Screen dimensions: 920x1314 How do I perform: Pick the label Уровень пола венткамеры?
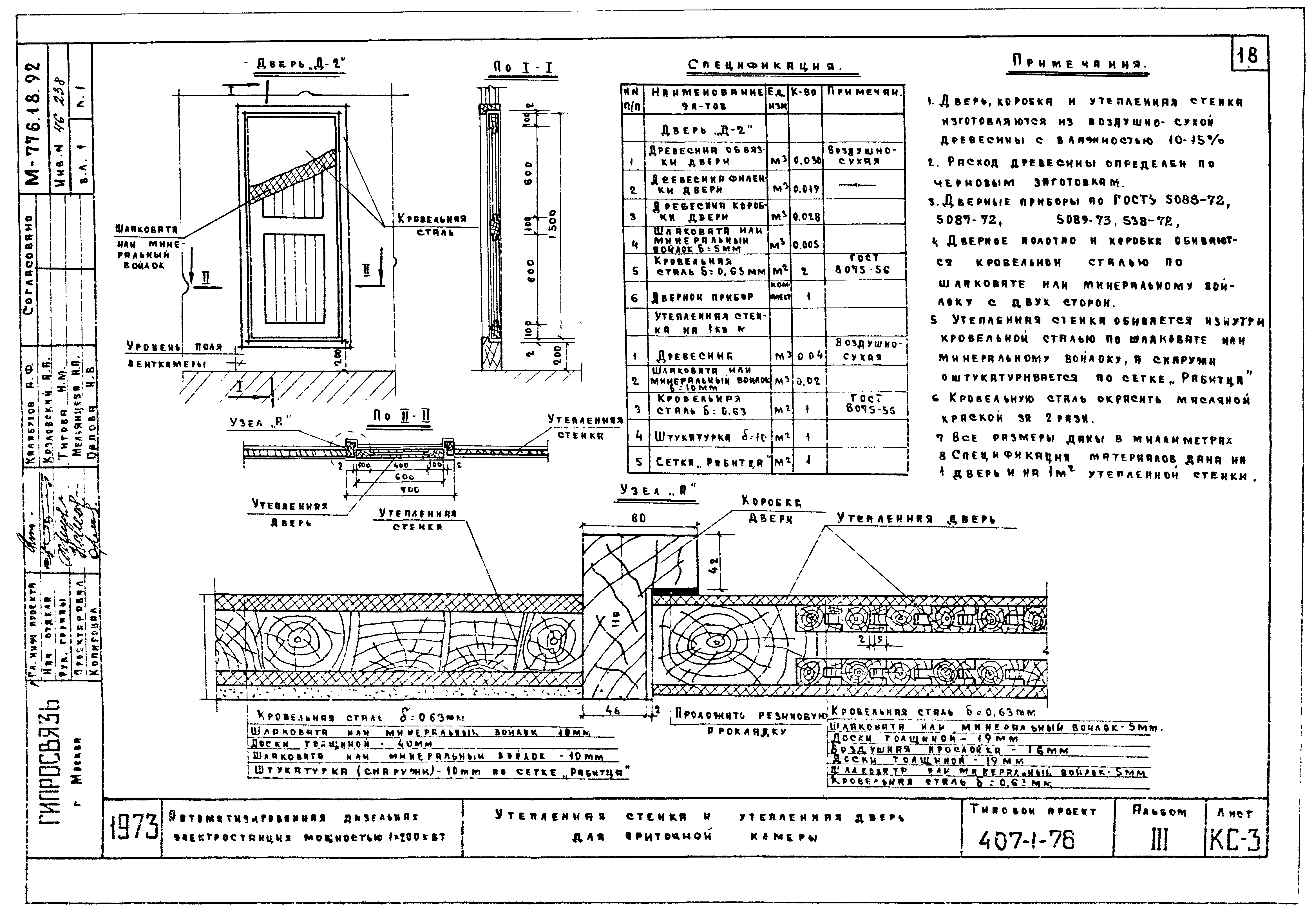[175, 355]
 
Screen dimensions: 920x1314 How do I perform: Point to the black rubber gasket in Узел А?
[675, 591]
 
